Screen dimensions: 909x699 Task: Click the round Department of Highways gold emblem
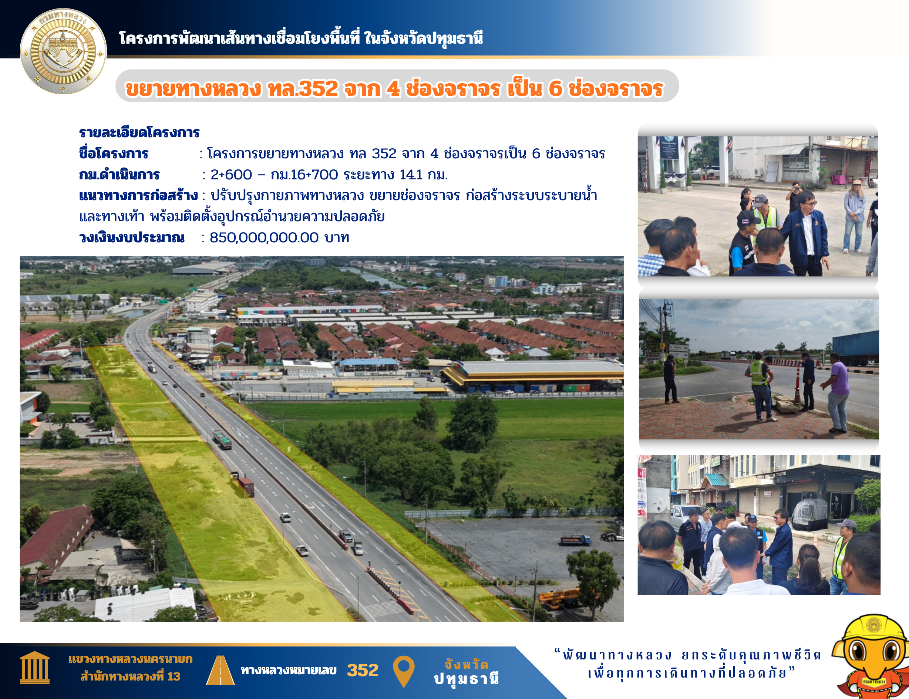coord(63,51)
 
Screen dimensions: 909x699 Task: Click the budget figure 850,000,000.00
coord(264,237)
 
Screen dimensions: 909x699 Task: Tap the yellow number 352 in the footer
coord(363,670)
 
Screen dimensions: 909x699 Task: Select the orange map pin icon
coord(404,671)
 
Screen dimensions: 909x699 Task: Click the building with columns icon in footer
coord(34,668)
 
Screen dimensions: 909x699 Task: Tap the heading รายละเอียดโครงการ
coord(139,133)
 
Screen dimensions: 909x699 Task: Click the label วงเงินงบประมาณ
coord(132,237)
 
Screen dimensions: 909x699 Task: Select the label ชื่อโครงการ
coord(114,153)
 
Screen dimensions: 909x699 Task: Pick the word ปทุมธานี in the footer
coord(466,679)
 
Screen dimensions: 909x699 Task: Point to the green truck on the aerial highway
coord(222,439)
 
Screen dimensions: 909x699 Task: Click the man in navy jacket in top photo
coord(805,233)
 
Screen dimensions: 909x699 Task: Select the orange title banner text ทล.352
coord(303,89)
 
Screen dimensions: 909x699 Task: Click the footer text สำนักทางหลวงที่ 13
coord(130,677)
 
